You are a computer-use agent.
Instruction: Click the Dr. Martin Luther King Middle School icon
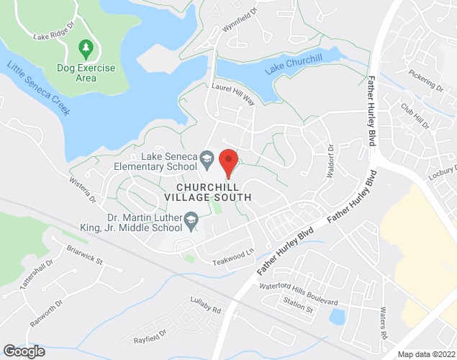(191, 219)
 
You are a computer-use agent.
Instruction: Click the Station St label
(298, 310)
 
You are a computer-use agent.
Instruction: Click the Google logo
(23, 351)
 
